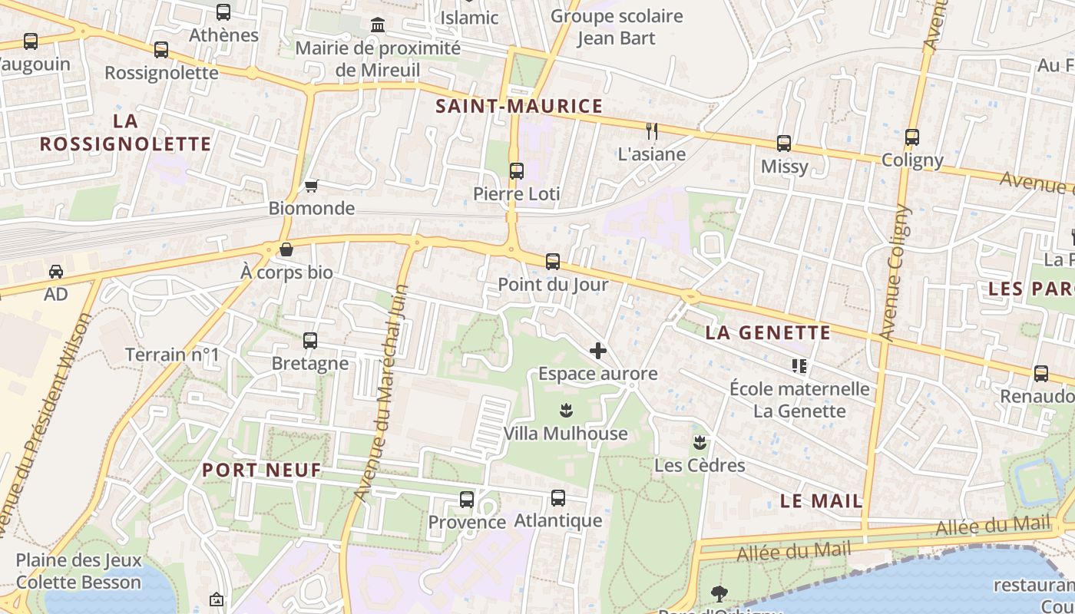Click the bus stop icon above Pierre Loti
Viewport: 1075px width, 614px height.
[x=517, y=170]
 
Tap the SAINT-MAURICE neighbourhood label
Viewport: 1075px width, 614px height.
[x=519, y=106]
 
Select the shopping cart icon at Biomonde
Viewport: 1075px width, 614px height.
[x=311, y=186]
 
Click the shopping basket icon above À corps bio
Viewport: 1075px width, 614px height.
[x=286, y=249]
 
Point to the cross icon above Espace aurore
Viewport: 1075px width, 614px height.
[x=597, y=351]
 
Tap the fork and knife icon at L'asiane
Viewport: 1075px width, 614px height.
[x=652, y=130]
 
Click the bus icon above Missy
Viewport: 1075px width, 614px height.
[x=784, y=144]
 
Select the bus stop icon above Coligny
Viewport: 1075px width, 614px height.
[x=912, y=137]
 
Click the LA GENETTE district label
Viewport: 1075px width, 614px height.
[x=768, y=332]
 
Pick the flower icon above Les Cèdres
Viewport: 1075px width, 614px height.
[x=700, y=442]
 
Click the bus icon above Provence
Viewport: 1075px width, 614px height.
[x=466, y=500]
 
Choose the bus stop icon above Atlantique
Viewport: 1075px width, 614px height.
[x=558, y=498]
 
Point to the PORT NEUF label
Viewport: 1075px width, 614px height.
[x=262, y=470]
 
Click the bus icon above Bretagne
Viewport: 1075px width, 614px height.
[x=310, y=340]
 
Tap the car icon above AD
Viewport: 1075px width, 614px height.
[x=56, y=272]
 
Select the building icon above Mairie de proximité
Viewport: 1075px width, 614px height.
[x=378, y=25]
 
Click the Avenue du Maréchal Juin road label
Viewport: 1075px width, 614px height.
[x=382, y=393]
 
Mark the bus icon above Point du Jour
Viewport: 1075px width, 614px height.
[x=553, y=261]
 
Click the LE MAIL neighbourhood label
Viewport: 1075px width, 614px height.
[x=821, y=501]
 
